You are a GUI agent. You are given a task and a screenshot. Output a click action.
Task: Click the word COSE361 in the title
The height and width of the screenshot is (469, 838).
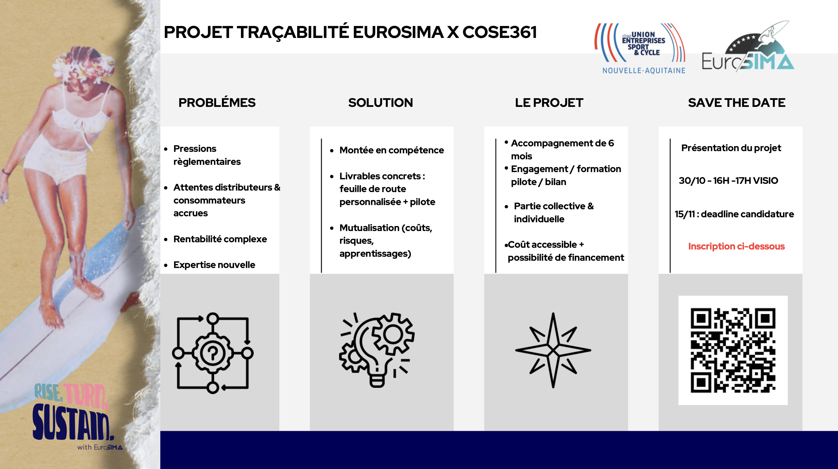(499, 32)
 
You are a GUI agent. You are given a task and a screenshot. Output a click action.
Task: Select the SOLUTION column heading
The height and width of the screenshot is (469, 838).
(380, 103)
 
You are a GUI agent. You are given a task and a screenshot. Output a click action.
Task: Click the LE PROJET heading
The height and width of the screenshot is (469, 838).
(549, 103)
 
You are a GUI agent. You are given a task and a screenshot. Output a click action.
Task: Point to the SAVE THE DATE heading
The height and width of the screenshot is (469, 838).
(737, 103)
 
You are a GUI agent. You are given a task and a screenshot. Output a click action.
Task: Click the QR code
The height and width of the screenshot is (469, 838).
(733, 350)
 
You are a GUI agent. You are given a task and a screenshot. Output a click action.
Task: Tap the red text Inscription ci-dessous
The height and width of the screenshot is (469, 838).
(736, 246)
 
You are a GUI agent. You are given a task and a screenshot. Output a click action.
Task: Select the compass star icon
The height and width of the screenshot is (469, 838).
(553, 350)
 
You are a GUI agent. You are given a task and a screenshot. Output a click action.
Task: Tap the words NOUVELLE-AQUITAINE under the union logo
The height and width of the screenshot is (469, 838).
(644, 71)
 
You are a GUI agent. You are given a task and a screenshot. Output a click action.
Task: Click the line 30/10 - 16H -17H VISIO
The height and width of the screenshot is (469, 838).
(728, 181)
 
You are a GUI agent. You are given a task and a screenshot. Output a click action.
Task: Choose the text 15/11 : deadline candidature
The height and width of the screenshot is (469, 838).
(734, 214)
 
